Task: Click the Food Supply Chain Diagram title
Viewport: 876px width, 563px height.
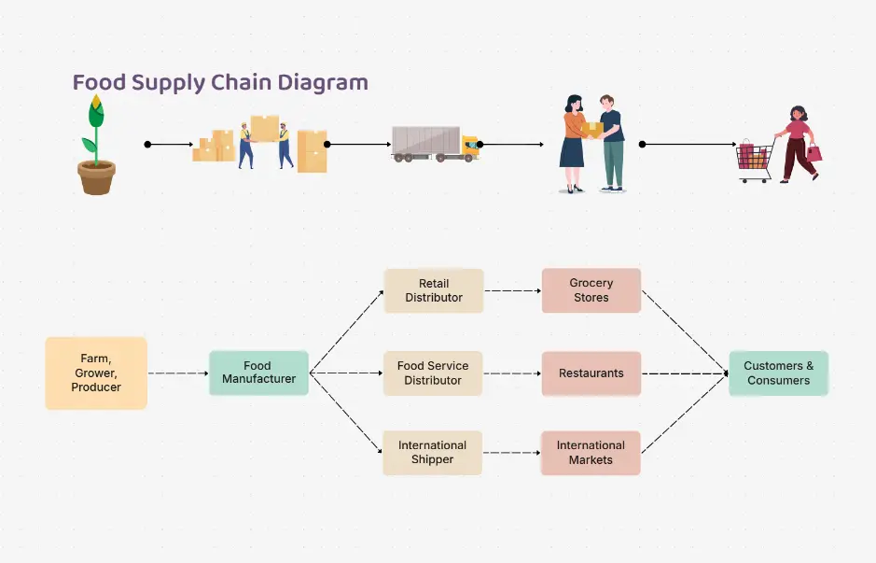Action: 220,82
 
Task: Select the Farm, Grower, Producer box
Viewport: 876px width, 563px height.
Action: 96,373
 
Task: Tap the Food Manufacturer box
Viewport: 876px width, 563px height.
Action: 258,373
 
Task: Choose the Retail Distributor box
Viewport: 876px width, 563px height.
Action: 434,290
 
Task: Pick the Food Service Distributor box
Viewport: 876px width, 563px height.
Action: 433,373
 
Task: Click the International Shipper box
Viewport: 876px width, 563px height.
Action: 432,452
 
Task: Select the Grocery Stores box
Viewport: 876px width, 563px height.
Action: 591,290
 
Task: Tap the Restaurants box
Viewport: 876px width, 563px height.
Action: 591,373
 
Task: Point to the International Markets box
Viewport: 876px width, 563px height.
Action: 591,452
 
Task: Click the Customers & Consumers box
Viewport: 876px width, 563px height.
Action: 778,373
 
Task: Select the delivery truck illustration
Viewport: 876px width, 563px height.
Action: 435,145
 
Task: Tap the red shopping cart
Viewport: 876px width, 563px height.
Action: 754,160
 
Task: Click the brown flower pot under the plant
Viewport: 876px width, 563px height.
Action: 96,176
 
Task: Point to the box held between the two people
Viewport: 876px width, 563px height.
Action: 591,129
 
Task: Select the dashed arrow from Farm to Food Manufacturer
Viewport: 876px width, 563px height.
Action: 177,373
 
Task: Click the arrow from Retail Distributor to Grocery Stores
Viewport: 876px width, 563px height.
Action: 512,290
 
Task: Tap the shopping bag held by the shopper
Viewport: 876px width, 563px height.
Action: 814,152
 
